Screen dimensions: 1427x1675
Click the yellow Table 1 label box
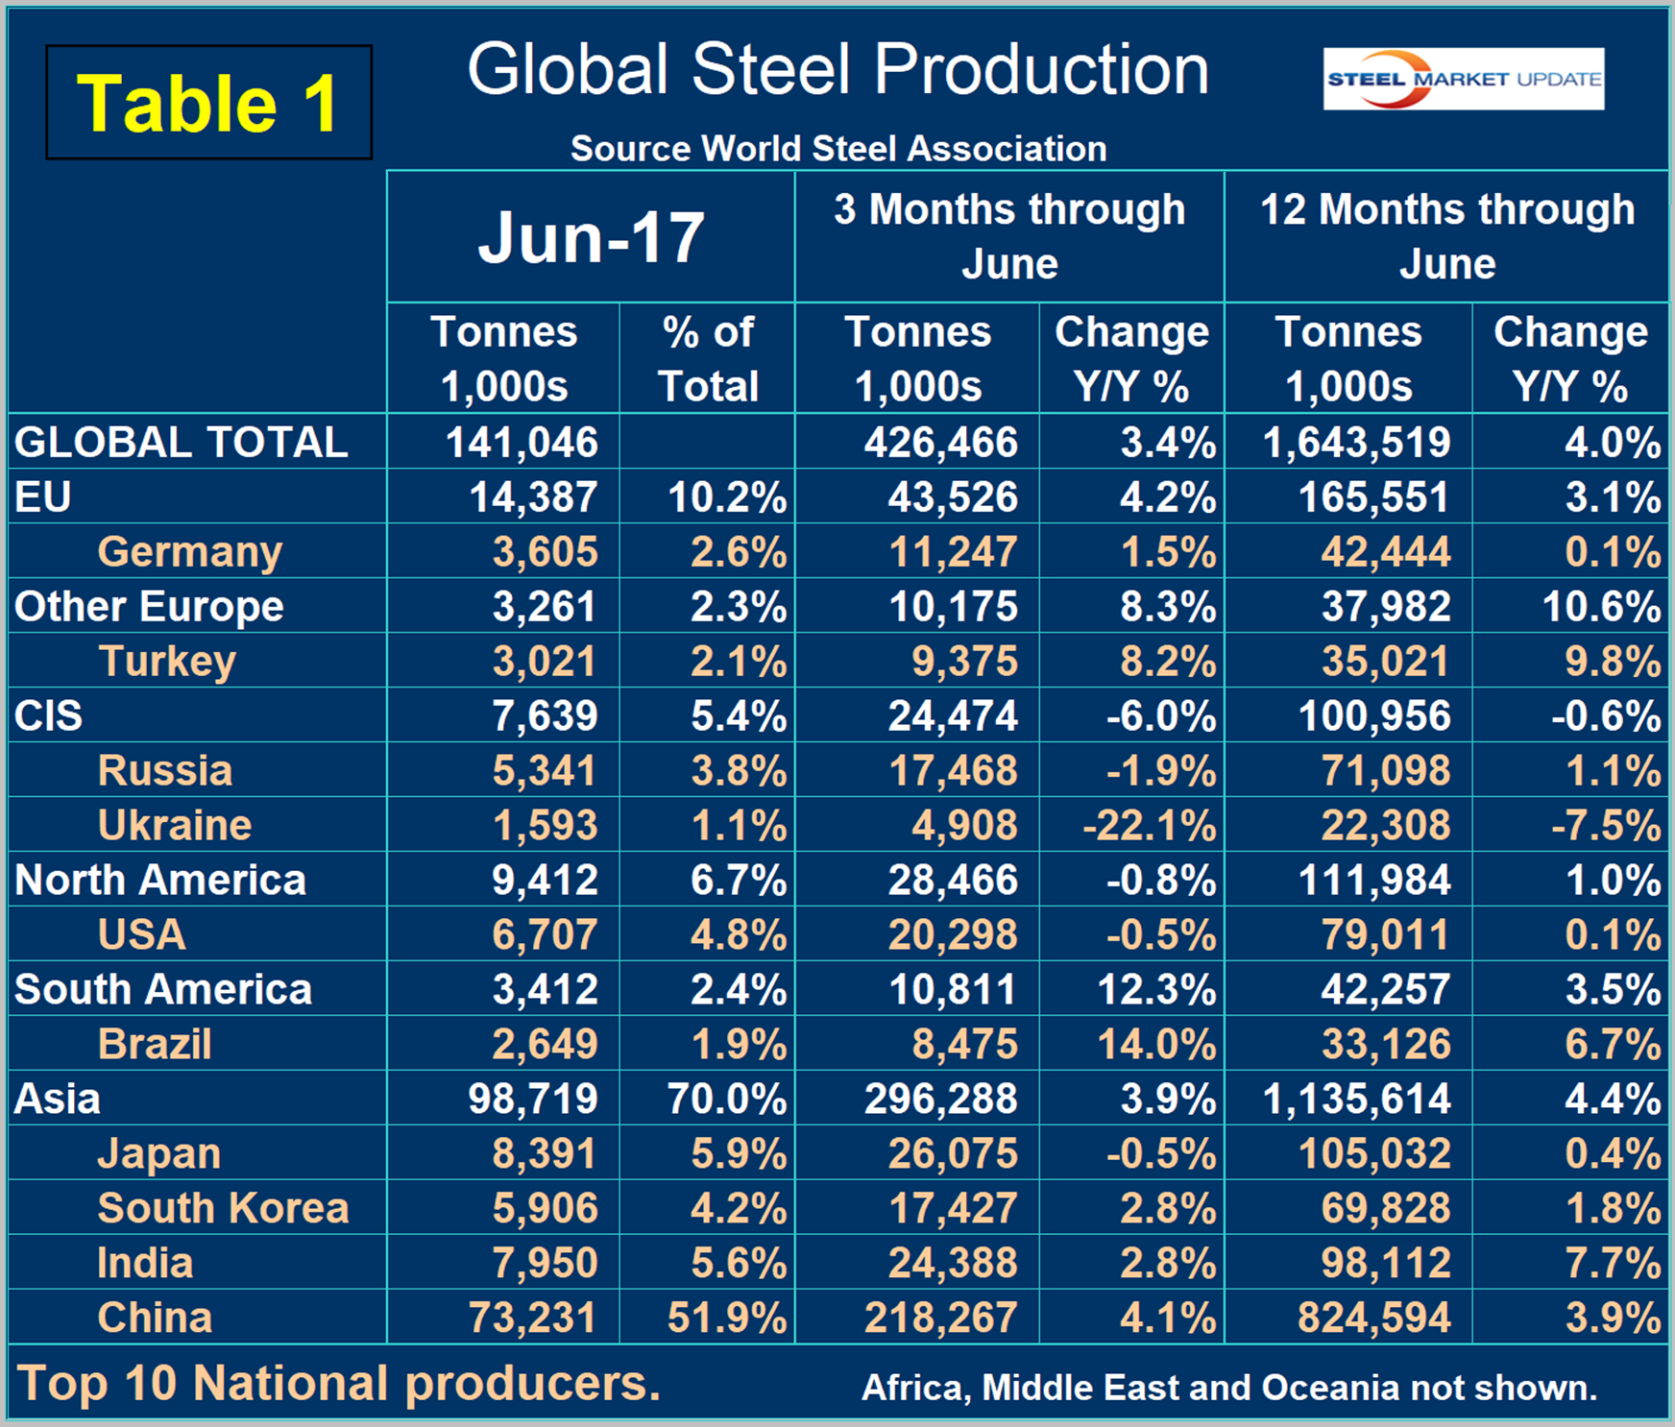point(208,103)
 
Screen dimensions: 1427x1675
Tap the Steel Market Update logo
point(1463,79)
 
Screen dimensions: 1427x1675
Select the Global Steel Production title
point(837,70)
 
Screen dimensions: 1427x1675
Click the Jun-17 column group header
point(591,237)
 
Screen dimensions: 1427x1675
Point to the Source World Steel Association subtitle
point(837,149)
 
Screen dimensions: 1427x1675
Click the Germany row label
point(190,551)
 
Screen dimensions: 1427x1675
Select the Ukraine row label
point(175,825)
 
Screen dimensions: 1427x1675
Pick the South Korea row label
point(223,1208)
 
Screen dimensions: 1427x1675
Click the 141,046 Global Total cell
point(522,443)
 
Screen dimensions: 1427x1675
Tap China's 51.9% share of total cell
point(726,1318)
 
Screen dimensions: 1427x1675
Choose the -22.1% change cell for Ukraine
point(1149,825)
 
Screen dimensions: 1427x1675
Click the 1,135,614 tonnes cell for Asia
point(1356,1099)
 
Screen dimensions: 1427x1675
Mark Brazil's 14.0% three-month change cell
point(1156,1044)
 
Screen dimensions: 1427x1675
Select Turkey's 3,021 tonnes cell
point(545,661)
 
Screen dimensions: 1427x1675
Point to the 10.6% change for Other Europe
point(1601,606)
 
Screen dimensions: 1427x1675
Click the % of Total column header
point(708,359)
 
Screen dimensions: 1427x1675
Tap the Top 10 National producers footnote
point(339,1384)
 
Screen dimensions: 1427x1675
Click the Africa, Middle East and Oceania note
point(1229,1388)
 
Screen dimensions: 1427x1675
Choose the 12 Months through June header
point(1446,236)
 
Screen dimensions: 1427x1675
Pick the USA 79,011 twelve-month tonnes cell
point(1385,934)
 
